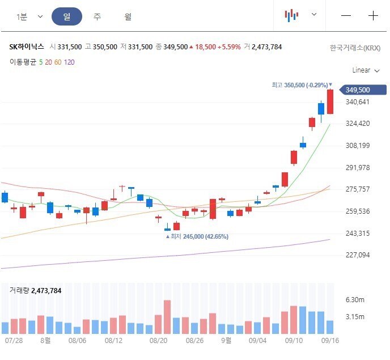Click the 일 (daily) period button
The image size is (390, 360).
coord(67,16)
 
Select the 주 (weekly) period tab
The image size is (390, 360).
coord(97,16)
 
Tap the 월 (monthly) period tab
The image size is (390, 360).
coord(128,16)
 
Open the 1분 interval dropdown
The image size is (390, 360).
coord(29,16)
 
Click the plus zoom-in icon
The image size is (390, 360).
coord(373,16)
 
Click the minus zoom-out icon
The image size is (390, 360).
coord(346,16)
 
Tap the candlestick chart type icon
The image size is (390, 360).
coord(291,15)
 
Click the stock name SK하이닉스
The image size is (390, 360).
coord(27,47)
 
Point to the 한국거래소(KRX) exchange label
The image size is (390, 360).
coord(355,48)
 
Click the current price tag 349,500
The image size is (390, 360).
coord(363,90)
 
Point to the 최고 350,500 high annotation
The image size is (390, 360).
coord(300,85)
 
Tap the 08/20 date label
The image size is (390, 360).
coord(158,340)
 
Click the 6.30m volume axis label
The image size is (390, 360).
coord(355,299)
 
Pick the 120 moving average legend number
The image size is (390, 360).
coord(69,62)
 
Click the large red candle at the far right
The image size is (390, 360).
coord(330,101)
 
